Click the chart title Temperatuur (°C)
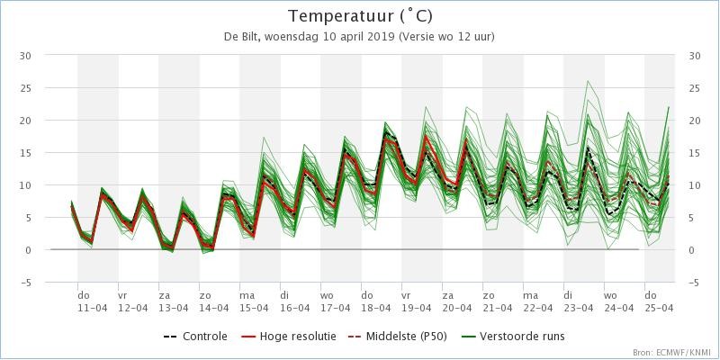(x=360, y=16)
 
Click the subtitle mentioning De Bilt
(x=359, y=37)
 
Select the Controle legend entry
(x=195, y=337)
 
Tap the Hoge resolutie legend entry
(x=288, y=337)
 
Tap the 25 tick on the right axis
(x=695, y=88)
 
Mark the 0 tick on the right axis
(x=691, y=250)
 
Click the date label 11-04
(x=93, y=308)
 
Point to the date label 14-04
(x=214, y=308)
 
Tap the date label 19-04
(x=417, y=308)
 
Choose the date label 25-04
(x=660, y=308)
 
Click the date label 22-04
(x=538, y=308)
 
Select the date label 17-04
(x=336, y=308)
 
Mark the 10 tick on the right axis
(x=695, y=185)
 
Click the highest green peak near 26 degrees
(x=588, y=81)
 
